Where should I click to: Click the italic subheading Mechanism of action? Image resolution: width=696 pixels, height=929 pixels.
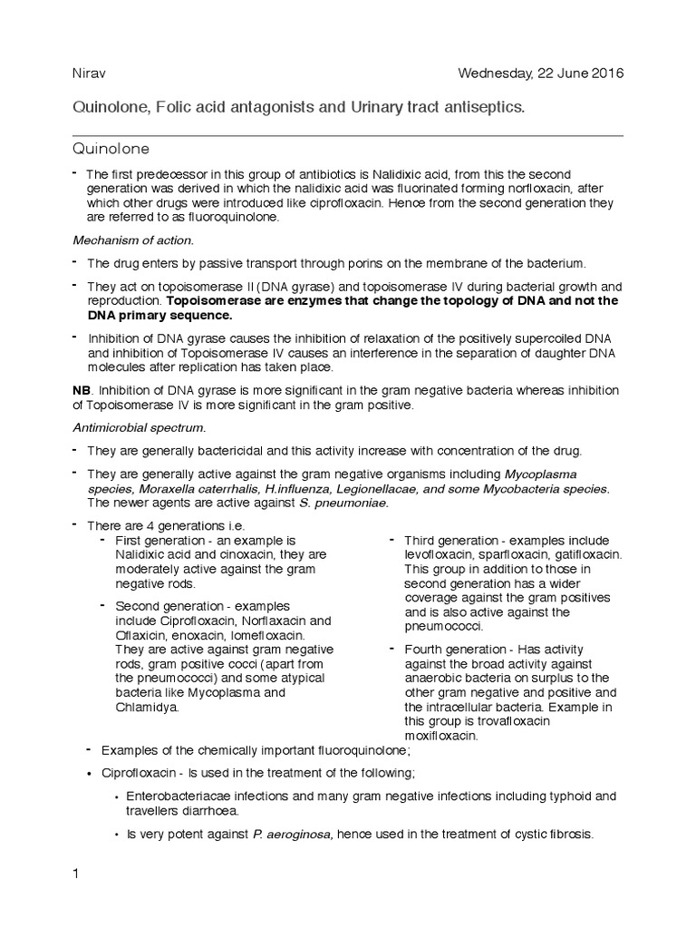pyautogui.click(x=132, y=240)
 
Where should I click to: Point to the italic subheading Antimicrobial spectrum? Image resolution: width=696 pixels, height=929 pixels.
pyautogui.click(x=139, y=426)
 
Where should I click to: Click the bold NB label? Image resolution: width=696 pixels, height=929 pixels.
pyautogui.click(x=82, y=389)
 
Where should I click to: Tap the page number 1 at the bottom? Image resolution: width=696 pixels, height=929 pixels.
pyautogui.click(x=76, y=874)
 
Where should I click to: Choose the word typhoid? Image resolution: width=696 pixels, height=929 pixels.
pyautogui.click(x=554, y=796)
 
